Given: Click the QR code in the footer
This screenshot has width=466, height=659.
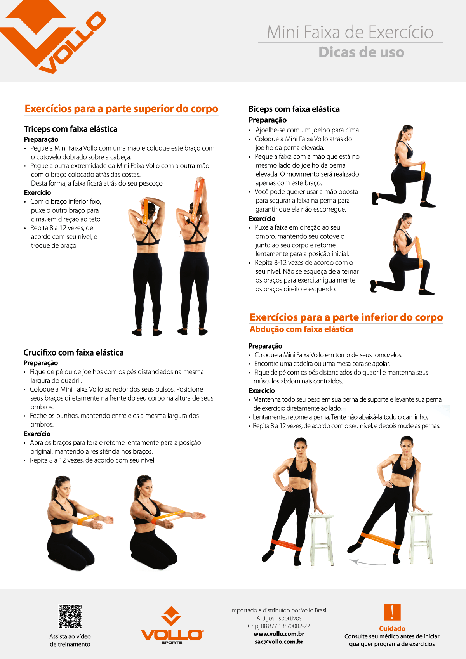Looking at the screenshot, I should [x=70, y=616].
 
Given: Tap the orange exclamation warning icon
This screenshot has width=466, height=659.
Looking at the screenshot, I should [x=392, y=612].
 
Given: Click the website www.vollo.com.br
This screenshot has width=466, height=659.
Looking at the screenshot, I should [x=279, y=634].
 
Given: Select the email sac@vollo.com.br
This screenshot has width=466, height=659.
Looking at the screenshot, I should [x=279, y=642].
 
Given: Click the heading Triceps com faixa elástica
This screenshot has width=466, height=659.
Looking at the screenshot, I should [x=71, y=129].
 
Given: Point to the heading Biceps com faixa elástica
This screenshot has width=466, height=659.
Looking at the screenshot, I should [x=294, y=109].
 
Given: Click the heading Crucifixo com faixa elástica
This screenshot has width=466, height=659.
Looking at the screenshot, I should [x=73, y=352].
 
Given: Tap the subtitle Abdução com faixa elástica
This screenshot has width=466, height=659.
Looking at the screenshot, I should [x=301, y=329].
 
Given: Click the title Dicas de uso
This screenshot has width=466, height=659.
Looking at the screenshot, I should [x=361, y=52].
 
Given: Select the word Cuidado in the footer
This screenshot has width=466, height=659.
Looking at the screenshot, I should [x=392, y=628].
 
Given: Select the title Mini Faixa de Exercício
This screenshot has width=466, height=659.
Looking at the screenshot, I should [x=350, y=32].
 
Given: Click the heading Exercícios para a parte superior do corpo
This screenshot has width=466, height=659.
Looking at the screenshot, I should [x=121, y=109].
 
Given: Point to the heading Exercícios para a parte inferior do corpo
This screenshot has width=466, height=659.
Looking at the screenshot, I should [x=346, y=317].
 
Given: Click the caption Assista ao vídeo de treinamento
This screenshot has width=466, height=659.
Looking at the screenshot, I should [x=70, y=640].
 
